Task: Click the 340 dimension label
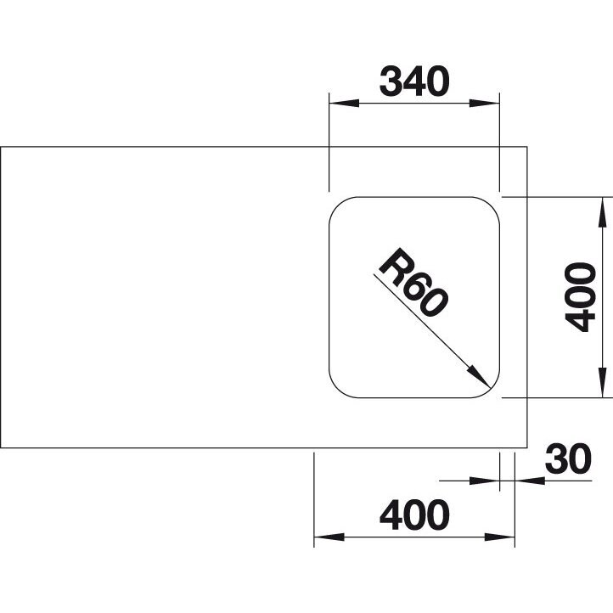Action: (x=414, y=82)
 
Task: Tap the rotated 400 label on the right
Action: (x=581, y=297)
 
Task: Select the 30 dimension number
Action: (x=568, y=458)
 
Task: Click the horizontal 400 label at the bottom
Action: (x=414, y=515)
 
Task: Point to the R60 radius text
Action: (x=413, y=282)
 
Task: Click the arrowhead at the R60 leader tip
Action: (x=480, y=377)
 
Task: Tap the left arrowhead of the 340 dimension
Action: (x=344, y=104)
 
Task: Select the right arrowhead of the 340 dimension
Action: (x=485, y=104)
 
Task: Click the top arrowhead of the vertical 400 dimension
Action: (x=603, y=212)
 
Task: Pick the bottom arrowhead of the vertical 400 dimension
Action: (x=603, y=383)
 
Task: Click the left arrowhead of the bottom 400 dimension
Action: (x=329, y=537)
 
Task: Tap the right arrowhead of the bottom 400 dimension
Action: (x=499, y=537)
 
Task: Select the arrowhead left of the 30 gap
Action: (x=485, y=481)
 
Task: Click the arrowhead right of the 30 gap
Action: (x=530, y=481)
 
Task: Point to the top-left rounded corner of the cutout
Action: (x=338, y=205)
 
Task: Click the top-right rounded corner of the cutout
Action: (x=491, y=205)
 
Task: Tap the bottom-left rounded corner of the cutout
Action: (x=338, y=390)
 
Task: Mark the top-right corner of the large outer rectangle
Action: (x=527, y=147)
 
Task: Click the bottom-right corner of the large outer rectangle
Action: (x=527, y=447)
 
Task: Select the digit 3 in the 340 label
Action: (x=391, y=82)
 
